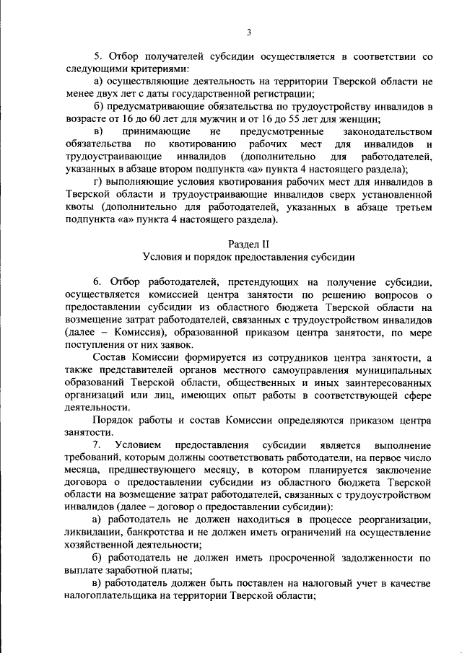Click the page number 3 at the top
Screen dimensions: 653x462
tap(248, 32)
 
